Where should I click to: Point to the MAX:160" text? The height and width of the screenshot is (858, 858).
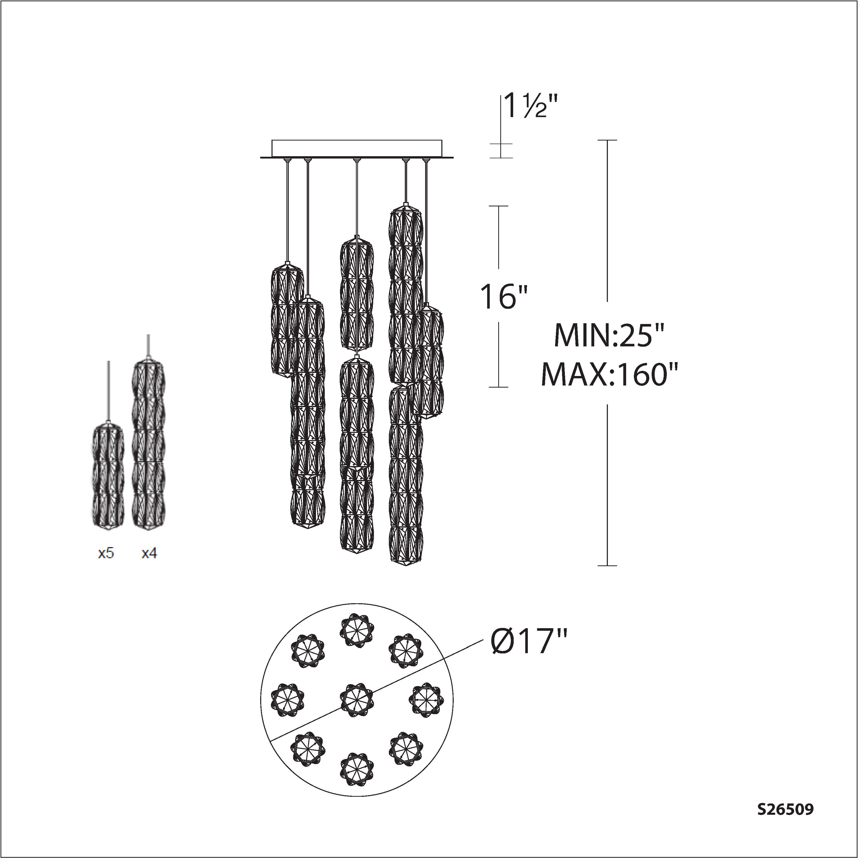610,374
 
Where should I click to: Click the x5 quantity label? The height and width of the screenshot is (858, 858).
106,553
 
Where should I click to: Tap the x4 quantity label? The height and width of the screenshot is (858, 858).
149,553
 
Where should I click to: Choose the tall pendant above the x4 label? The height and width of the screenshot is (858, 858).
148,444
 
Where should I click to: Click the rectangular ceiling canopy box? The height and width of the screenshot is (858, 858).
357,148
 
